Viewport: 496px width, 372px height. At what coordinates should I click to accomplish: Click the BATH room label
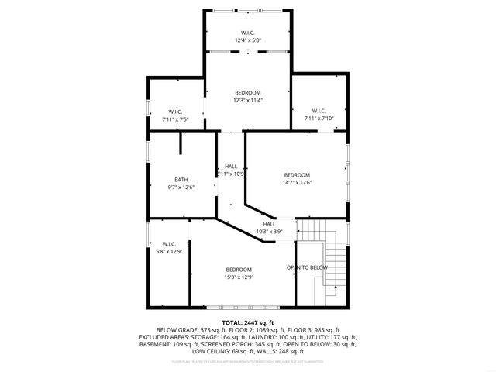181,179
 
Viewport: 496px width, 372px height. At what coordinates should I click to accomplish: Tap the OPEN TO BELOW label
307,267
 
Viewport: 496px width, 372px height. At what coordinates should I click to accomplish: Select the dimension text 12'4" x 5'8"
248,40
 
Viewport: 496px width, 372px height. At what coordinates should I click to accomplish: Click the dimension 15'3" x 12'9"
239,277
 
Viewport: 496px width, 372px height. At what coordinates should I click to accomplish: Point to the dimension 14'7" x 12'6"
296,183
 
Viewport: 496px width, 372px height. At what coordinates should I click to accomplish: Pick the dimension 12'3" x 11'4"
248,100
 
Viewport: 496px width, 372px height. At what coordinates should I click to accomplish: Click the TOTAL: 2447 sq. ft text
248,322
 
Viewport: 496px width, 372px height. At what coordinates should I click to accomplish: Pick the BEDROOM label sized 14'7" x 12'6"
296,175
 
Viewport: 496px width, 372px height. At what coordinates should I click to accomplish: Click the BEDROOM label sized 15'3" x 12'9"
239,269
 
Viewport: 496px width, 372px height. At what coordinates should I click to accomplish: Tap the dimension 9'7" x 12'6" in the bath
181,187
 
